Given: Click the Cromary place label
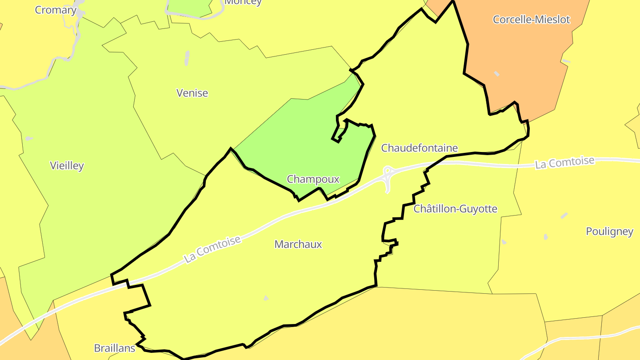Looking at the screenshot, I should [x=56, y=10].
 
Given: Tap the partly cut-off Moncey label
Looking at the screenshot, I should [x=243, y=2].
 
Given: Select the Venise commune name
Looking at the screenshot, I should [x=192, y=93].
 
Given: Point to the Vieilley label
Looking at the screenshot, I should [x=67, y=166].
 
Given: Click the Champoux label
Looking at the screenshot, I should [x=313, y=179].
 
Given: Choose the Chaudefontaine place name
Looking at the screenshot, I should [x=419, y=148].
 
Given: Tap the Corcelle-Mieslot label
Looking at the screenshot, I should [x=531, y=20].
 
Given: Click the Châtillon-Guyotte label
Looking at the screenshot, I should [x=455, y=208].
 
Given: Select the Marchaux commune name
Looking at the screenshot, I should [x=298, y=244].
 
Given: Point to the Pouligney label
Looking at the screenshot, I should [x=609, y=231].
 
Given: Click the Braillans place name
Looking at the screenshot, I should [x=114, y=348].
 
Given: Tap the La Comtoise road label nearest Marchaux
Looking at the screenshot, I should [x=212, y=249].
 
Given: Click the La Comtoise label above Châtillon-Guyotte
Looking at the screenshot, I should [x=564, y=162].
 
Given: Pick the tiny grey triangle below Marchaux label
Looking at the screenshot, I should [x=266, y=298].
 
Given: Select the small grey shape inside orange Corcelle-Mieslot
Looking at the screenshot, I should [x=496, y=73].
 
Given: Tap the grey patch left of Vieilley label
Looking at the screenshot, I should [x=29, y=139].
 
